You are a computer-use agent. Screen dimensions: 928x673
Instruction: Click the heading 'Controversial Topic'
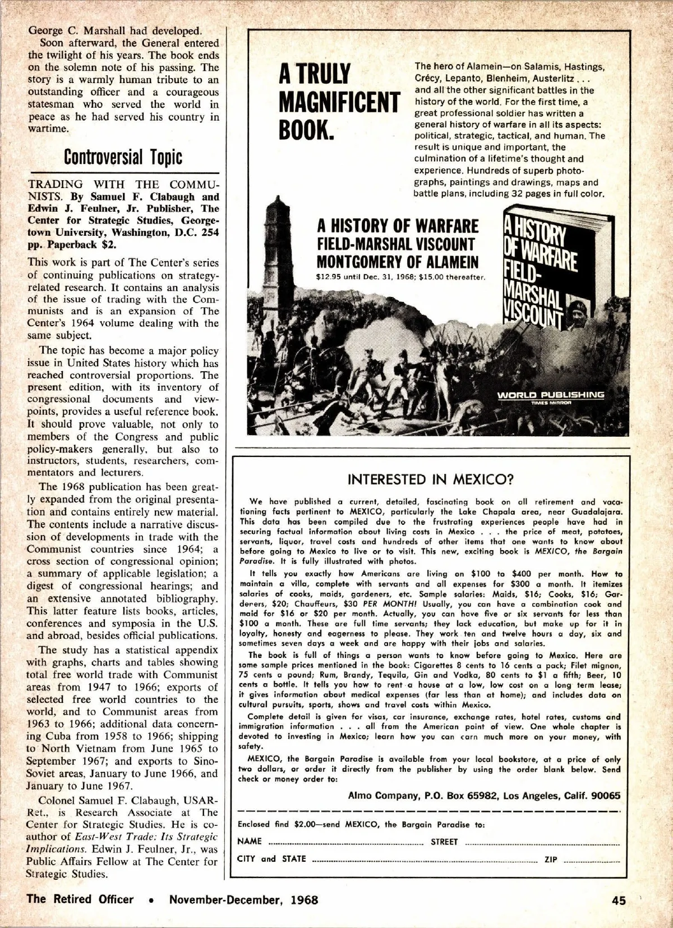[123, 157]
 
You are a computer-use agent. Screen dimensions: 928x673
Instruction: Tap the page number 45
[619, 900]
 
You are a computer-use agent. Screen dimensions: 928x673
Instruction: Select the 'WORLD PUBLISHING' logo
[550, 395]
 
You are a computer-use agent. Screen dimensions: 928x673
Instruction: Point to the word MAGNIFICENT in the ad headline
[339, 102]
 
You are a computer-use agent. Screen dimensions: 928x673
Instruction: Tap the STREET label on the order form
[444, 842]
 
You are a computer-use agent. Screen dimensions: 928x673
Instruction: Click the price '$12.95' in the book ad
[330, 277]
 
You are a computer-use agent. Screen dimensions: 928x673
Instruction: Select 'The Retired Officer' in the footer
[80, 899]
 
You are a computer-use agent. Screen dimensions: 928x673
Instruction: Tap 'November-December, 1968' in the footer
[243, 899]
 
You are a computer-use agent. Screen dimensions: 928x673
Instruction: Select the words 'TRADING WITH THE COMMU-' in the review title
[123, 185]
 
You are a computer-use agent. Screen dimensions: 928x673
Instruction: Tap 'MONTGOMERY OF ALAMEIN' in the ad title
[398, 262]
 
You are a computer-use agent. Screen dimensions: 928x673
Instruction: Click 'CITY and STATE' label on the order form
[272, 859]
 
